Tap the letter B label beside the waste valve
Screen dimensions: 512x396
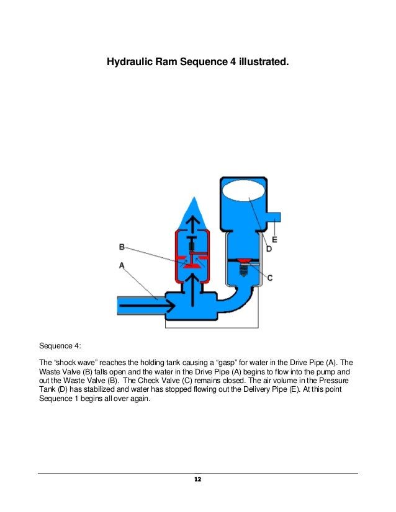[123, 247]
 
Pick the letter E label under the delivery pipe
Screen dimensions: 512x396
[274, 239]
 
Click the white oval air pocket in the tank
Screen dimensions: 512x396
[245, 191]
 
